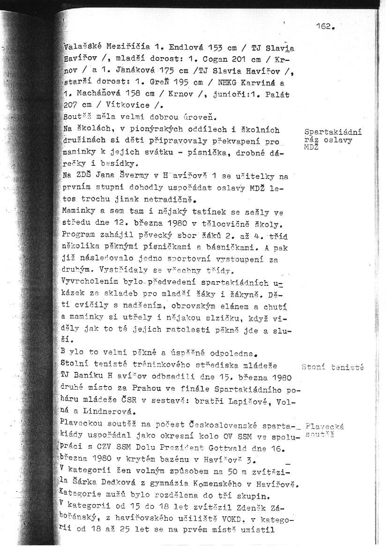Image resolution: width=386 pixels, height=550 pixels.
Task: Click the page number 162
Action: (x=326, y=27)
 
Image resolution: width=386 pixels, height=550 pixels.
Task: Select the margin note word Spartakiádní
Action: (x=333, y=132)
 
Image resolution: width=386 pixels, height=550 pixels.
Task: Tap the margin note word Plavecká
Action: (x=324, y=426)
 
